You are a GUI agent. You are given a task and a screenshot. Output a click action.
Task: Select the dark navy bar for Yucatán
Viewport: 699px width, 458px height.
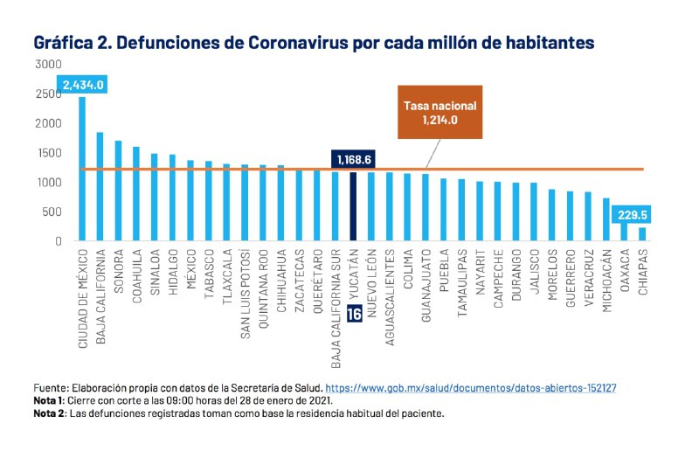[x=353, y=205]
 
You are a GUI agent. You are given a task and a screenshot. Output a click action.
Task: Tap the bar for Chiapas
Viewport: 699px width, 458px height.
[x=642, y=233]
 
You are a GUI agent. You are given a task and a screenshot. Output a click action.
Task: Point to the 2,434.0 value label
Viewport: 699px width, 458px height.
[x=84, y=85]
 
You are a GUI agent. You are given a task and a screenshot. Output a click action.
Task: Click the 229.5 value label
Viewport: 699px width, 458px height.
[x=641, y=214]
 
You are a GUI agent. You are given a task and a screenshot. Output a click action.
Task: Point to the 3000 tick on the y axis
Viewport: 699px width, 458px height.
[x=49, y=64]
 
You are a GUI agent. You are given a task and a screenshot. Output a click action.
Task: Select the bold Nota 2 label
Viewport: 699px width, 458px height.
[x=49, y=413]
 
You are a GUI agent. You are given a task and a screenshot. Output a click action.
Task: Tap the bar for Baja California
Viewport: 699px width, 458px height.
[x=100, y=186]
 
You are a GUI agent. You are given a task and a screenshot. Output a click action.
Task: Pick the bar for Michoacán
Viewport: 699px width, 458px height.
[x=606, y=219]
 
